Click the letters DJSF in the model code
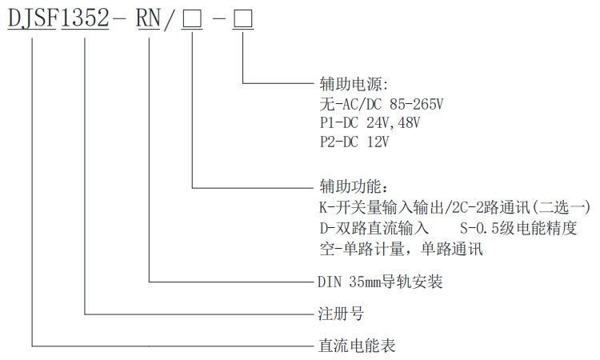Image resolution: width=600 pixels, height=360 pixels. pos(33,18)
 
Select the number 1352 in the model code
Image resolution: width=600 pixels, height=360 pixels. pos(85,18)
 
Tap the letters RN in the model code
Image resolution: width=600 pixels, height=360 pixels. pos(150,18)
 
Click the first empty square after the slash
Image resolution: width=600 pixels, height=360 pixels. pos(192,18)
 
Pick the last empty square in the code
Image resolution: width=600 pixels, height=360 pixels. pos(242,18)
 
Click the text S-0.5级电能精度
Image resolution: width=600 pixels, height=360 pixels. pos(517,228)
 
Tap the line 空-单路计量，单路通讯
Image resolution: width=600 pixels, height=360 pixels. pos(400,248)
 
